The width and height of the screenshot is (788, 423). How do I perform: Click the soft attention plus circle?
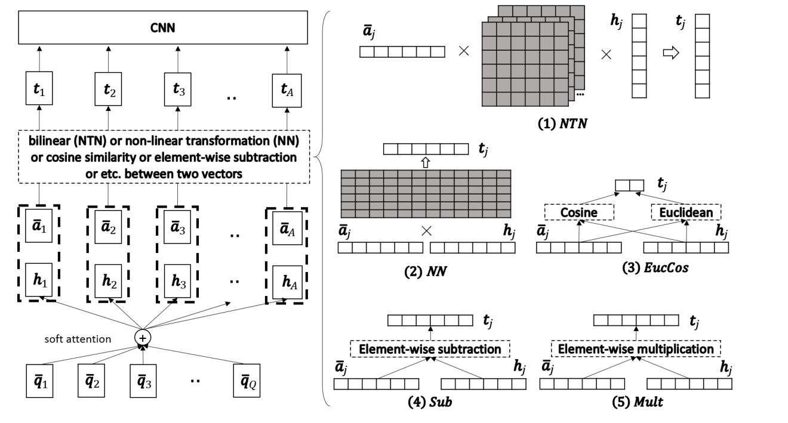click(143, 337)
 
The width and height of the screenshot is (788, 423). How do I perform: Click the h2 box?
click(108, 279)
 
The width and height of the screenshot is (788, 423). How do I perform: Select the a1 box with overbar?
click(38, 229)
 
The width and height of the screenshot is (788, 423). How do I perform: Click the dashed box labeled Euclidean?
click(686, 212)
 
